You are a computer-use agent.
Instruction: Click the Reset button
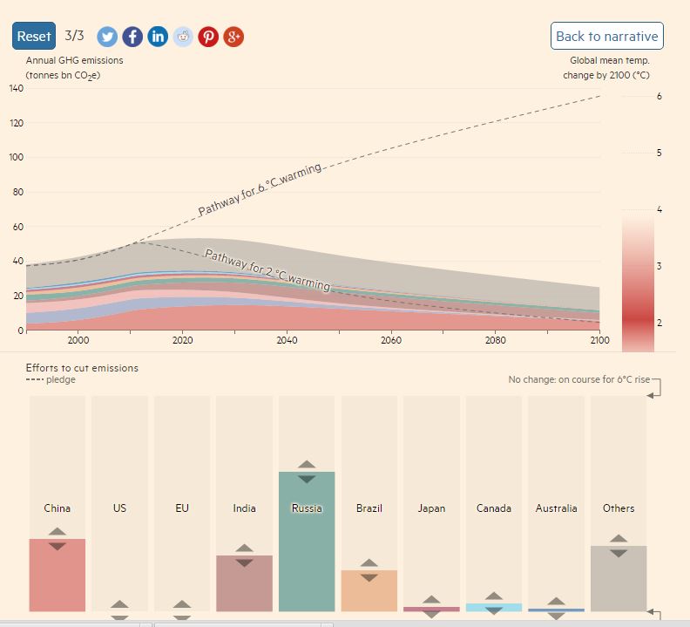point(34,36)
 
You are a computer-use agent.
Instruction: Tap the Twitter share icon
point(107,36)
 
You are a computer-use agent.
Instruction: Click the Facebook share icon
point(132,36)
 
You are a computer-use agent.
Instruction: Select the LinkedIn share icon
point(158,36)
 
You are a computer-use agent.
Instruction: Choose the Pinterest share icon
point(208,36)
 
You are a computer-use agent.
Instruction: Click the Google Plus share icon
point(233,36)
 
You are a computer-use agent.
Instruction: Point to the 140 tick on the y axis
point(17,88)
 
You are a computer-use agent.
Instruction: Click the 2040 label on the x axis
point(287,340)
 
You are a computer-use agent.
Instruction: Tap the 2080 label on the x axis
point(495,340)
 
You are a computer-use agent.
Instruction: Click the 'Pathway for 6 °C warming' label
point(260,189)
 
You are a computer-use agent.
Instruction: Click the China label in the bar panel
point(57,508)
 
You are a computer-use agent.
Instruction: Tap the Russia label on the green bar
point(307,508)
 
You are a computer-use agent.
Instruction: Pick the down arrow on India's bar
point(244,562)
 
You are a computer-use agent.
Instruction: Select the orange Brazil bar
point(369,591)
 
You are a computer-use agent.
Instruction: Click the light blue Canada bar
point(494,607)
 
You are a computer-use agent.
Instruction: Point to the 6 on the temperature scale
point(659,96)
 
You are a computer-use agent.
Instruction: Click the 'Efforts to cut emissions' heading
point(82,368)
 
